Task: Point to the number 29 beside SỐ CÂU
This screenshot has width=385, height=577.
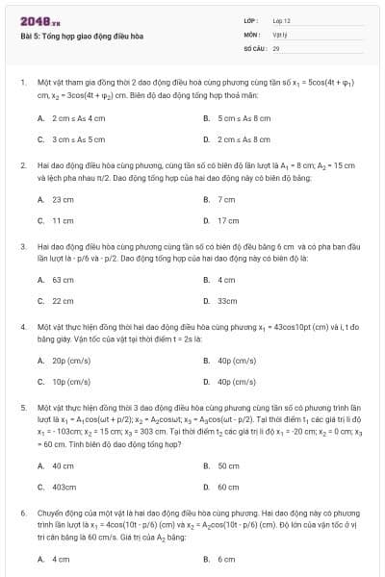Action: click(x=276, y=46)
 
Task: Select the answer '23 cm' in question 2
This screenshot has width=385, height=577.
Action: click(x=63, y=199)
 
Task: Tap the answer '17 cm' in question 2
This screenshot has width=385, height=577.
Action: click(x=228, y=220)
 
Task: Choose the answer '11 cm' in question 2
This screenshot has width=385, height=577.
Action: click(x=63, y=220)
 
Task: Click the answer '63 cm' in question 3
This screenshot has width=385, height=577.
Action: click(x=63, y=280)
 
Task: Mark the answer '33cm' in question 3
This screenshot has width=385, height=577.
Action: click(x=227, y=301)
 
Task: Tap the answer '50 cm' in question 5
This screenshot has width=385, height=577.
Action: click(x=228, y=465)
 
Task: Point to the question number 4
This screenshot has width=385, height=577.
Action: click(x=22, y=327)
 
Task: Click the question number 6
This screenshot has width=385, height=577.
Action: click(x=22, y=514)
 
